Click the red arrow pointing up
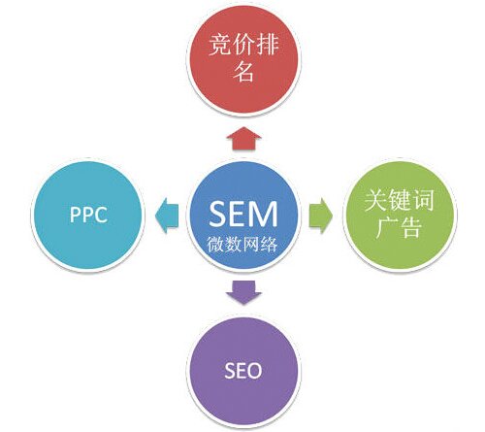tap(243, 138)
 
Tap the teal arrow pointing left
tap(167, 216)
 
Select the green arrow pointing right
tap(321, 216)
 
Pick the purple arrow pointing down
tap(243, 292)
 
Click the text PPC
tap(88, 215)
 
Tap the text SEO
tap(243, 371)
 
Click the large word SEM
tap(243, 214)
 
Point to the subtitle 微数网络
tap(242, 244)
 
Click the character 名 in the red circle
tap(243, 71)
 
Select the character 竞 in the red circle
tap(220, 45)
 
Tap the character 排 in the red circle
tap(268, 45)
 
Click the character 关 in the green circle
tap(376, 200)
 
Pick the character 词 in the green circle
tap(423, 200)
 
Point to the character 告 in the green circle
tap(411, 227)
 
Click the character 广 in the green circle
tap(387, 227)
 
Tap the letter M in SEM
tap(264, 214)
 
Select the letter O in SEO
tap(254, 371)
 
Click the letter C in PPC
tap(101, 215)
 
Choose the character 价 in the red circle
tap(243, 45)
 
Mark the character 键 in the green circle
tap(400, 200)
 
